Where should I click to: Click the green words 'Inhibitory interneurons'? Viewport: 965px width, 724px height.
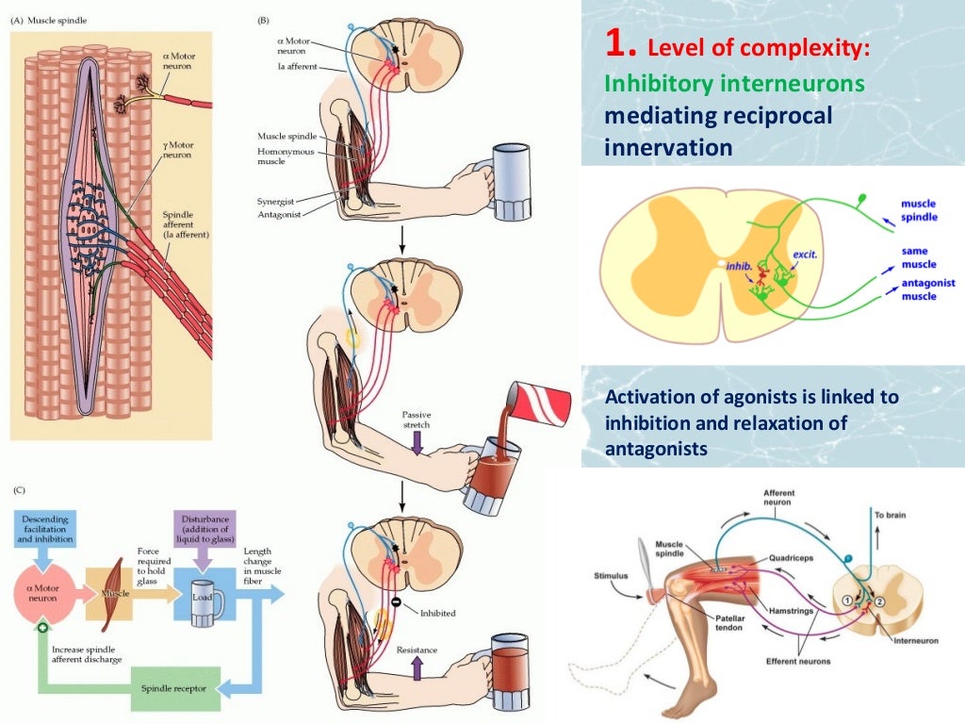[x=734, y=83]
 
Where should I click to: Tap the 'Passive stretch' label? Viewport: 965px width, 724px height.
[x=416, y=420]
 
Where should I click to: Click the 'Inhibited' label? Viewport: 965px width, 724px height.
[x=436, y=613]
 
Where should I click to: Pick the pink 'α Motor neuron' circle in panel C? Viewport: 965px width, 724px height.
[x=45, y=595]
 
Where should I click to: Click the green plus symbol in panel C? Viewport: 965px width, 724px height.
[x=42, y=629]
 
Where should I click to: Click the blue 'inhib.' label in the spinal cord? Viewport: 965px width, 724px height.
[x=740, y=266]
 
